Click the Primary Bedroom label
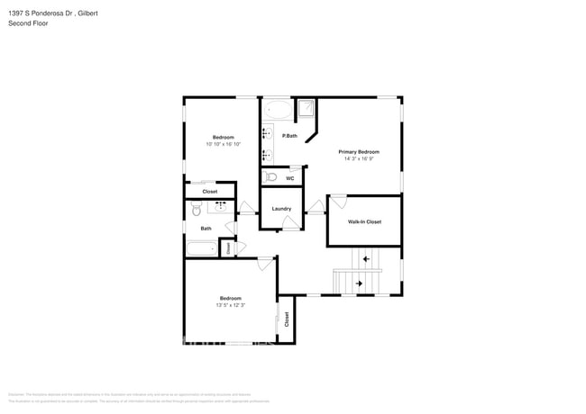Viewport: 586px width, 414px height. pyautogui.click(x=359, y=152)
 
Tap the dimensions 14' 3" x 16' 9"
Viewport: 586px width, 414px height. pyautogui.click(x=359, y=159)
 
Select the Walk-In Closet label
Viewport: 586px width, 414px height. pyautogui.click(x=364, y=221)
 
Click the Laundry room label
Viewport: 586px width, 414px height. pyautogui.click(x=281, y=209)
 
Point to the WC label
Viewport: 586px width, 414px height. pyautogui.click(x=290, y=178)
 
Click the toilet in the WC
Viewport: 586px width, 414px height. pyautogui.click(x=271, y=177)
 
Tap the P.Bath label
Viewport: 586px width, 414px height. pyautogui.click(x=289, y=136)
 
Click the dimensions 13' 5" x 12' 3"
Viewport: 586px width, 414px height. pyautogui.click(x=230, y=305)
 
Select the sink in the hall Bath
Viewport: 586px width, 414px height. pyautogui.click(x=220, y=206)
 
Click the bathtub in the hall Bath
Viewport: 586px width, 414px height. pyautogui.click(x=204, y=248)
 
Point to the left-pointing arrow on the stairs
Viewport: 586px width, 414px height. pyautogui.click(x=366, y=260)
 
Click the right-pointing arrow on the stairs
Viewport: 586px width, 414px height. pyautogui.click(x=359, y=284)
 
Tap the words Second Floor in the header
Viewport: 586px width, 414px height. pyautogui.click(x=29, y=22)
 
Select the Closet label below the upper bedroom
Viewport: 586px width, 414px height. pyautogui.click(x=209, y=192)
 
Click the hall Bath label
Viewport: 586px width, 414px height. pyautogui.click(x=206, y=229)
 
